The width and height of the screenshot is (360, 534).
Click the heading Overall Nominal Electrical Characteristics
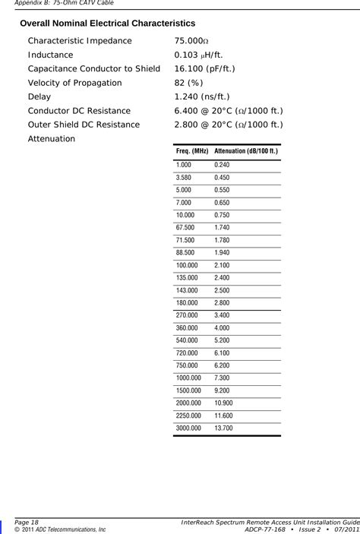pos(107,24)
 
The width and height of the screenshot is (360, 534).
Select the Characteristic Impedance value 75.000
pos(193,41)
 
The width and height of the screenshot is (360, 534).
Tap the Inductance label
pos(50,55)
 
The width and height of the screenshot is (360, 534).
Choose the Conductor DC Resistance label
pos(78,111)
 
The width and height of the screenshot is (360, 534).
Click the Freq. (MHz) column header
pos(192,151)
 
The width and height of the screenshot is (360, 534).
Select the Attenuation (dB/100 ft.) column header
pos(246,151)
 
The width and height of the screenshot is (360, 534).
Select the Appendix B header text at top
pos(51,4)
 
